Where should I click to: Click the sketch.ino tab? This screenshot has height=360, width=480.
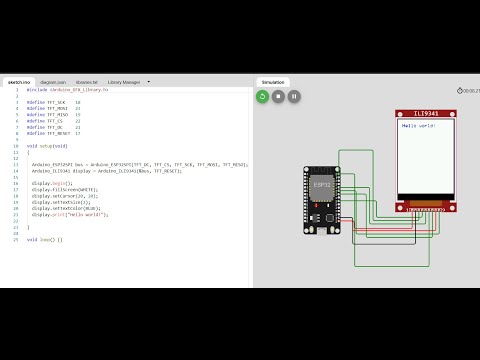18,82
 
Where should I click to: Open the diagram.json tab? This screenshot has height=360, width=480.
54,82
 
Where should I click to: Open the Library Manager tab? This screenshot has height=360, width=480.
124,82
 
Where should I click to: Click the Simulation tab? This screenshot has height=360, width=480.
273,82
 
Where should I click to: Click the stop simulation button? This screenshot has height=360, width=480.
278,96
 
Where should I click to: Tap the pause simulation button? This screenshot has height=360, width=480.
294,96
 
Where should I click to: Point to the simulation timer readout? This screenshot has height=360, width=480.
469,91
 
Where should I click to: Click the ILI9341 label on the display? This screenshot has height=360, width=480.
425,114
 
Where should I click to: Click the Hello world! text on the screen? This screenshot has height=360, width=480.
418,126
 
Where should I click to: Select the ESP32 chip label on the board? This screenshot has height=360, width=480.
322,184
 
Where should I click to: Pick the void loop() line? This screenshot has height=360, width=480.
44,240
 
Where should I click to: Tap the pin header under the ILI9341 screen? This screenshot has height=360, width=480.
426,207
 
